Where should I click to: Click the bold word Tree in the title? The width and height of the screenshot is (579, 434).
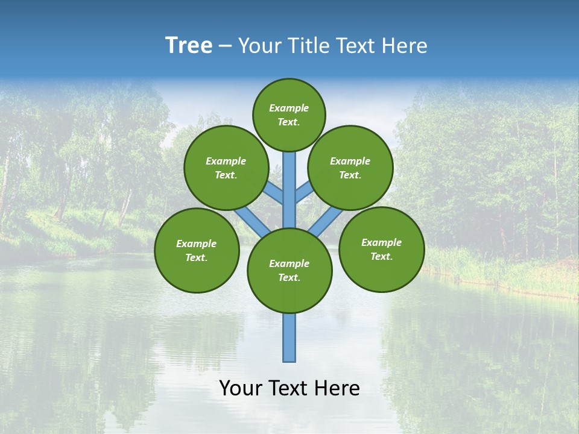click(189, 45)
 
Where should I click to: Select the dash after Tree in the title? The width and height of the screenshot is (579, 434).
click(226, 46)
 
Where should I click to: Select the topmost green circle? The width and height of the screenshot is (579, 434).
click(289, 115)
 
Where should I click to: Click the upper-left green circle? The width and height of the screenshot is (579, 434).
click(226, 168)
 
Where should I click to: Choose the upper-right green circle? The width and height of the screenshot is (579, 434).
click(350, 168)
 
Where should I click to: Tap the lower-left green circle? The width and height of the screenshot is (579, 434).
click(197, 250)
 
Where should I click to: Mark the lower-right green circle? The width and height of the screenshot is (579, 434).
click(382, 249)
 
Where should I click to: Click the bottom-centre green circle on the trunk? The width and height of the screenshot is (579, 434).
click(289, 271)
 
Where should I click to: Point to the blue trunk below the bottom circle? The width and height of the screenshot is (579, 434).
click(289, 338)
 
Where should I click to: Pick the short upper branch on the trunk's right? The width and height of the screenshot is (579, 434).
click(303, 192)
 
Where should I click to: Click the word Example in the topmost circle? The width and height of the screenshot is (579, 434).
click(289, 108)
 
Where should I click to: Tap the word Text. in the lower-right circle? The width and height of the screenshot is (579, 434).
click(381, 256)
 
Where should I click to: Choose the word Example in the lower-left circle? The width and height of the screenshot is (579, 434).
click(196, 244)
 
